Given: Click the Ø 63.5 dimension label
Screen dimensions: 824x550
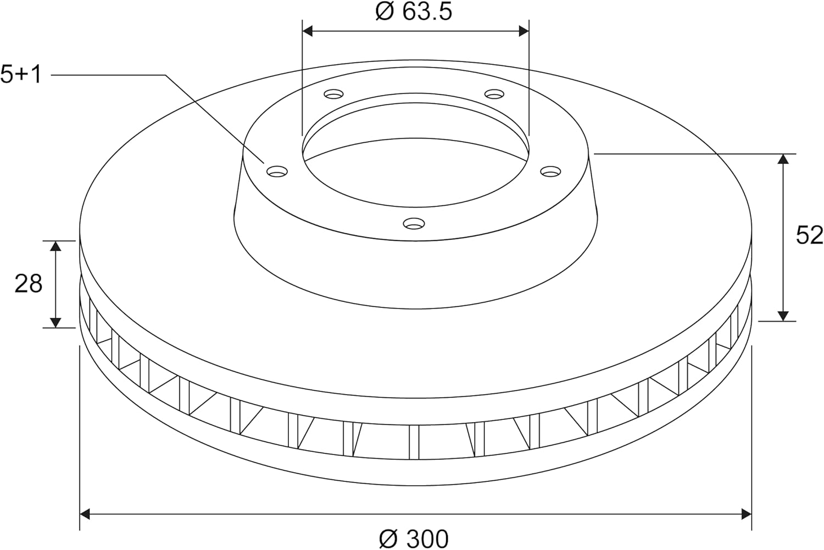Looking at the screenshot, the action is pos(414,12).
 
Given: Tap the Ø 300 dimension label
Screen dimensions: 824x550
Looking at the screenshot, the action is pos(414,539).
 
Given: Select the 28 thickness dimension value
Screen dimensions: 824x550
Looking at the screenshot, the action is pos(29,284).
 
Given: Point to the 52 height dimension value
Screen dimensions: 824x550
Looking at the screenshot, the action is pos(809,235).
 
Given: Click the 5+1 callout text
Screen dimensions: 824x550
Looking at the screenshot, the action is pos(21,75).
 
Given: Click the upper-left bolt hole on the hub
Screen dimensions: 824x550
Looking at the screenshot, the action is pos(333,94).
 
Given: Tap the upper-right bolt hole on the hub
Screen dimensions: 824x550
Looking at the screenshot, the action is pos(494,94).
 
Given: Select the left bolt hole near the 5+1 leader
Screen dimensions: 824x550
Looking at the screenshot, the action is pos(277,171).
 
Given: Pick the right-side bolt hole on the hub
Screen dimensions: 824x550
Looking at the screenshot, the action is pos(550,171).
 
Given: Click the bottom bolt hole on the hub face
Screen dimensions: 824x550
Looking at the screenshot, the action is pos(414,223).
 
